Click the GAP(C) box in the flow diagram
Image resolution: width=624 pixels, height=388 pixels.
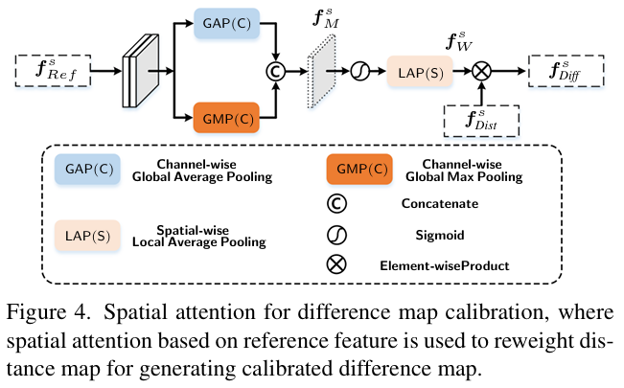tap(227, 24)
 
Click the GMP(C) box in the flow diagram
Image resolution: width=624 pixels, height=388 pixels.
tap(226, 118)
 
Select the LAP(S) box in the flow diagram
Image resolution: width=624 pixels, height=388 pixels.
tap(420, 72)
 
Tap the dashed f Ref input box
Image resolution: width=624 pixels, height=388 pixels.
tap(53, 71)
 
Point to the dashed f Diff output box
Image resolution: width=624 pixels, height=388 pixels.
tap(566, 71)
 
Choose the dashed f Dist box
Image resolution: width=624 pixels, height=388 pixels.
tap(481, 121)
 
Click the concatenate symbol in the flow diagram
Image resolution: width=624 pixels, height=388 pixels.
tap(275, 71)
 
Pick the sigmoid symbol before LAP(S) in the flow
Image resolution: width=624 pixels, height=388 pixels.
tap(360, 71)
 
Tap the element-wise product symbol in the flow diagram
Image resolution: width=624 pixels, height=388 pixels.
tap(481, 71)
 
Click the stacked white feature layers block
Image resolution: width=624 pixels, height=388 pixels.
tap(141, 71)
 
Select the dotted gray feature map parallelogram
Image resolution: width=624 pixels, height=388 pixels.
tap(321, 71)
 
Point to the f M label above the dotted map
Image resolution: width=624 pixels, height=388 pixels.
tap(326, 19)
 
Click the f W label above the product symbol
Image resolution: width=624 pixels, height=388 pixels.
tap(459, 41)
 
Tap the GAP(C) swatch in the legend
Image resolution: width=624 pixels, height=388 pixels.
tap(87, 170)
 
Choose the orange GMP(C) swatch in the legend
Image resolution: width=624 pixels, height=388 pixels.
tap(359, 170)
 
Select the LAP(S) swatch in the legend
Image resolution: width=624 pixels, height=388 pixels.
tap(87, 236)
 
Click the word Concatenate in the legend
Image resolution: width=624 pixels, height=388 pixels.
tap(440, 203)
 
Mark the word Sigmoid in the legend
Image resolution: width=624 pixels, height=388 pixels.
tap(440, 235)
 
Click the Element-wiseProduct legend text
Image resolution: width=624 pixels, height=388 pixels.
tap(445, 265)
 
